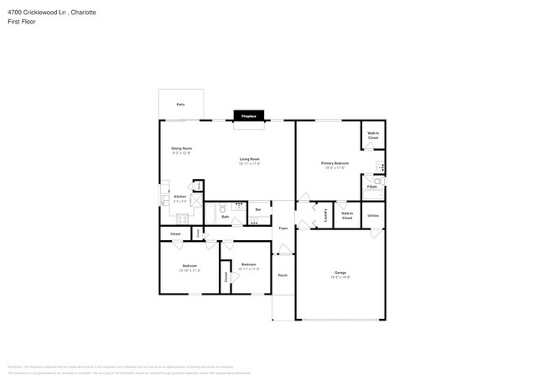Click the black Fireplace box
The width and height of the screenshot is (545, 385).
pos(249,116)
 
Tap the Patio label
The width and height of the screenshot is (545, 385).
pos(180,105)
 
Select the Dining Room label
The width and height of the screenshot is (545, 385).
pos(182,149)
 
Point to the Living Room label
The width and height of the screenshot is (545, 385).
pos(249,159)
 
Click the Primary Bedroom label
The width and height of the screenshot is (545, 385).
pos(335,163)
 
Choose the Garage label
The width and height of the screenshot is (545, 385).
pos(340,273)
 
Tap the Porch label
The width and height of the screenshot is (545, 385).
pos(283,275)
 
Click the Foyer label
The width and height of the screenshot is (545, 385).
pos(283,227)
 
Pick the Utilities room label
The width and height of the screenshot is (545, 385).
pos(373,216)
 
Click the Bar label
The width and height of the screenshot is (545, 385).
pos(258,209)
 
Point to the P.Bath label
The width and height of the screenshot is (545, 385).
pos(371,186)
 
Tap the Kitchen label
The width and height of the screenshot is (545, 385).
pos(179,197)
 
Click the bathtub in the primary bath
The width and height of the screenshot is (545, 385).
pos(373,195)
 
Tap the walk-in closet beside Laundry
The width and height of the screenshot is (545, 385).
pos(347,215)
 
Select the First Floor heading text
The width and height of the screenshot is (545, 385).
pos(23,22)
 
